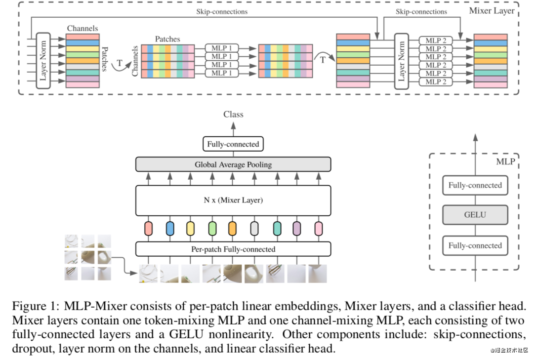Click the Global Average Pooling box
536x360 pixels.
233,164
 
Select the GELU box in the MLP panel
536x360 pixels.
475,215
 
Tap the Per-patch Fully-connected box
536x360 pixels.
233,249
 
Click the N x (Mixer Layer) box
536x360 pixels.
233,200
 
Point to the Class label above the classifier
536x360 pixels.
234,115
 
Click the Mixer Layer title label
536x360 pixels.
492,11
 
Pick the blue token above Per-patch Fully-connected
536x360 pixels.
170,229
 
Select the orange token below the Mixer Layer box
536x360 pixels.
233,229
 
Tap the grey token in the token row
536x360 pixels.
254,229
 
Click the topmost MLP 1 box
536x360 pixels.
221,48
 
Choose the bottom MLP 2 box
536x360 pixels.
436,82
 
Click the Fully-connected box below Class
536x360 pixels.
233,144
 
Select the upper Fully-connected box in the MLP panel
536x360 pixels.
475,186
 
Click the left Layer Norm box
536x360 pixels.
43,61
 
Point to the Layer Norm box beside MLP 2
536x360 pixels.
402,61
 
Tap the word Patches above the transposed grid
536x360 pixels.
167,40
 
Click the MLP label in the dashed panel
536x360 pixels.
505,161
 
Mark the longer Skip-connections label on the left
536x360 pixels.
222,12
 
